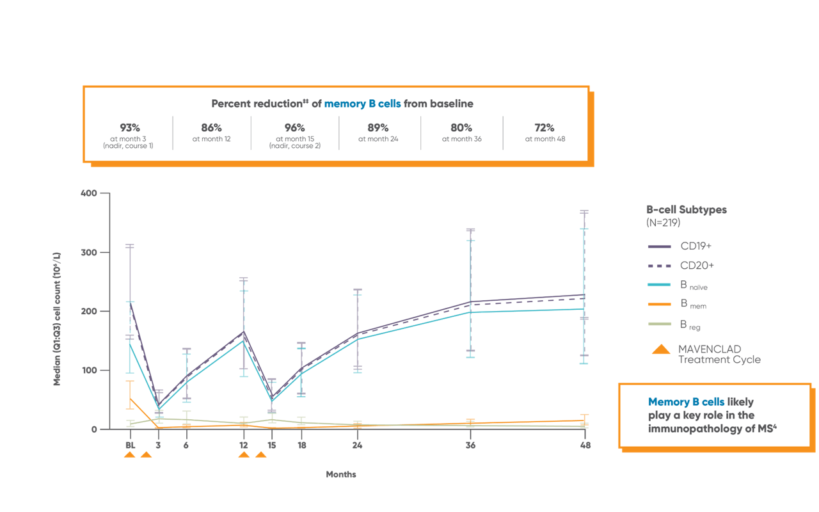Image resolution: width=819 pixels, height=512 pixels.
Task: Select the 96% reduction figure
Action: pyautogui.click(x=294, y=127)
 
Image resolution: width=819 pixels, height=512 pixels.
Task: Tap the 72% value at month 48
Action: pyautogui.click(x=545, y=127)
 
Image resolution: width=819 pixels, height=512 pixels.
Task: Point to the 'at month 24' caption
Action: pyautogui.click(x=378, y=139)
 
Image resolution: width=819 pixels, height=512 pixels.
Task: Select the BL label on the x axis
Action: pyautogui.click(x=130, y=445)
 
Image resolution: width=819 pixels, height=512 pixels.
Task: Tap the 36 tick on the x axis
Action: pyautogui.click(x=470, y=445)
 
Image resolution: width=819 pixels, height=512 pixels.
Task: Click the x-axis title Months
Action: pyautogui.click(x=340, y=475)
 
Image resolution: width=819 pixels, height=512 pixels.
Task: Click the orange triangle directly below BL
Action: pyautogui.click(x=129, y=455)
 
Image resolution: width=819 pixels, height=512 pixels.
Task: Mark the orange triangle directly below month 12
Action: pyautogui.click(x=244, y=455)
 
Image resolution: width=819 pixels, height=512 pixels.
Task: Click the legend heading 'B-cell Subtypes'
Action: pyautogui.click(x=687, y=209)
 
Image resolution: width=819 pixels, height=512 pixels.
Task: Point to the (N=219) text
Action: pyautogui.click(x=664, y=223)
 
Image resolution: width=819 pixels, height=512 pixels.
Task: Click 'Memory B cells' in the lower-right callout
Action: pyautogui.click(x=686, y=402)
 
